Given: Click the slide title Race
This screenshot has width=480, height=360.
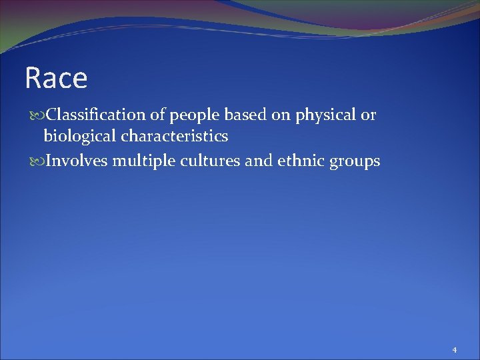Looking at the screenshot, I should point(56,79).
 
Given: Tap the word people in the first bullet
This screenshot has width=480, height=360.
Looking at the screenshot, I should point(191,116).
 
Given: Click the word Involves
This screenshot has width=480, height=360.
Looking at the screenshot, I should point(73,161).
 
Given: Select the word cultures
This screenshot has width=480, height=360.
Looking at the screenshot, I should point(201,161).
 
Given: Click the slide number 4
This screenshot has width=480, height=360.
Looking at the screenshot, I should point(454,349).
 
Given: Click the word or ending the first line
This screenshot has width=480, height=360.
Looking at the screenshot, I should point(369,116).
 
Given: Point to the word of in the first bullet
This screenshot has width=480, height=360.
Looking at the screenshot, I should point(157,115).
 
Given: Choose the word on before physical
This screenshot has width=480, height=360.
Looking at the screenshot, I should point(276,116).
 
